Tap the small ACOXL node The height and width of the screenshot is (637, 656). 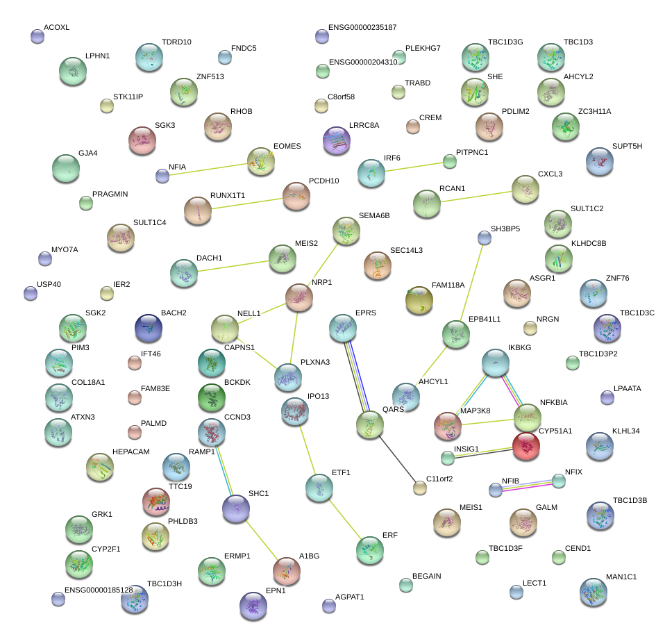coord(37,36)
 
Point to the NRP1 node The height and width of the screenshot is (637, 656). coord(299,297)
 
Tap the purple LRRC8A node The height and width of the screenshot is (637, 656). coord(337,140)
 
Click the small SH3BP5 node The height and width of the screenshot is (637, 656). coord(485,238)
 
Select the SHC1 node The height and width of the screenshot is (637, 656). coord(236,509)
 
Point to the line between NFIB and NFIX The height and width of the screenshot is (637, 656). coord(527,485)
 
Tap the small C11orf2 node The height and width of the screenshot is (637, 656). coord(419,488)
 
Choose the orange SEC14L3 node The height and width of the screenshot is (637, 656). coord(378,265)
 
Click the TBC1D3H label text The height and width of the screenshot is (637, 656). coord(164,584)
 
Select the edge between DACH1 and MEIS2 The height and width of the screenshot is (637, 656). coord(226,267)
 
